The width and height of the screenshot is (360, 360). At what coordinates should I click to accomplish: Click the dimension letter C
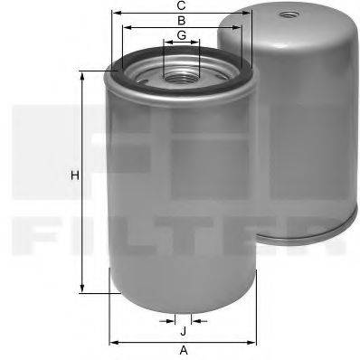coord(182,6)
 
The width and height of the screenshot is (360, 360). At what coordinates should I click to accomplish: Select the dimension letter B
coord(182,20)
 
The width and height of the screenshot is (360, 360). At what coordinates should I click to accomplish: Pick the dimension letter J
coord(182,330)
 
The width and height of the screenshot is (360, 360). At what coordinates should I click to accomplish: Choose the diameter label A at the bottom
coord(182,350)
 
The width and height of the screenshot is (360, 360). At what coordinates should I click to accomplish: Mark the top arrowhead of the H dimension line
coord(85,72)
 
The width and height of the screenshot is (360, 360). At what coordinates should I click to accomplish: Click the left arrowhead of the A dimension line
coord(113,342)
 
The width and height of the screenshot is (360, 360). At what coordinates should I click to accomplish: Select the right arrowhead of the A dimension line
coord(252,342)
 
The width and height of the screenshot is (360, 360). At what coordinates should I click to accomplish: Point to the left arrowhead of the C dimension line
coord(113,14)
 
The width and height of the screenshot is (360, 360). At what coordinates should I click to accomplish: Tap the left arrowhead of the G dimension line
coord(166,43)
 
